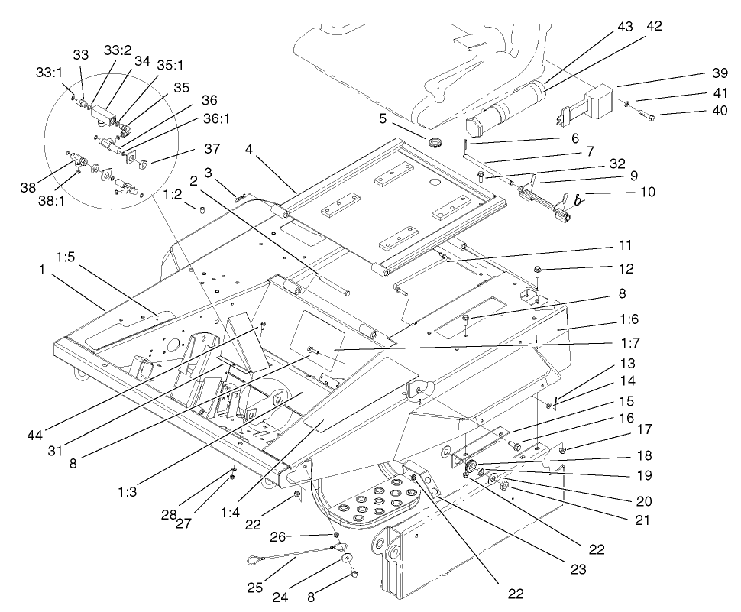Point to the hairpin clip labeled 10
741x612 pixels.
578,200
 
